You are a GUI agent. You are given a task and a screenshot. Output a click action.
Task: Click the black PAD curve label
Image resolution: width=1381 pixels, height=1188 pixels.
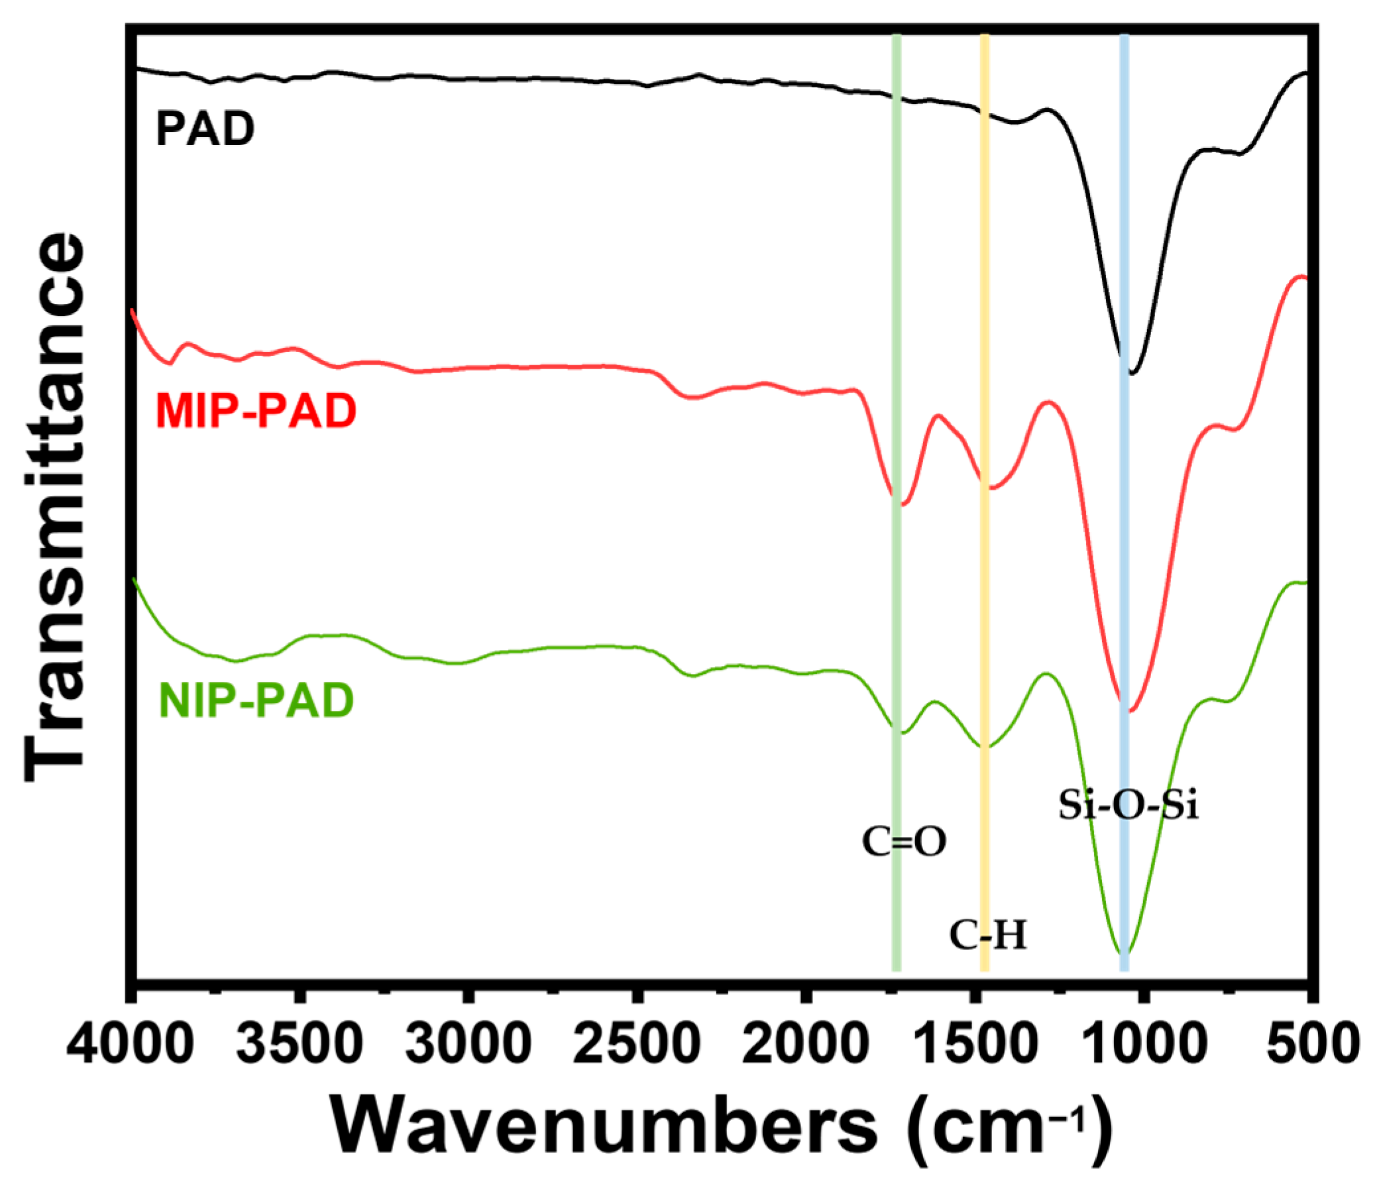pos(205,129)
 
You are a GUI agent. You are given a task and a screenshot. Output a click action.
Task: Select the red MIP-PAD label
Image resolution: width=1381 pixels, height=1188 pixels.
pos(256,410)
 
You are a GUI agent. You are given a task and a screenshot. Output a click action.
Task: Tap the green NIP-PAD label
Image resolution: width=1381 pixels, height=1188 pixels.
pos(256,700)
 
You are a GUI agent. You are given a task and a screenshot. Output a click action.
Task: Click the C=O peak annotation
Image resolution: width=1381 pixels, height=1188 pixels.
pos(904,842)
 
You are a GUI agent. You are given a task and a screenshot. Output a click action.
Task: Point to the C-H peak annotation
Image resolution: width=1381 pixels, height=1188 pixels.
pos(988,936)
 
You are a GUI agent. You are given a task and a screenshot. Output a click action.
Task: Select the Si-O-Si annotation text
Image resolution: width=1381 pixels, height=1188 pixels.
pos(1129,806)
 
